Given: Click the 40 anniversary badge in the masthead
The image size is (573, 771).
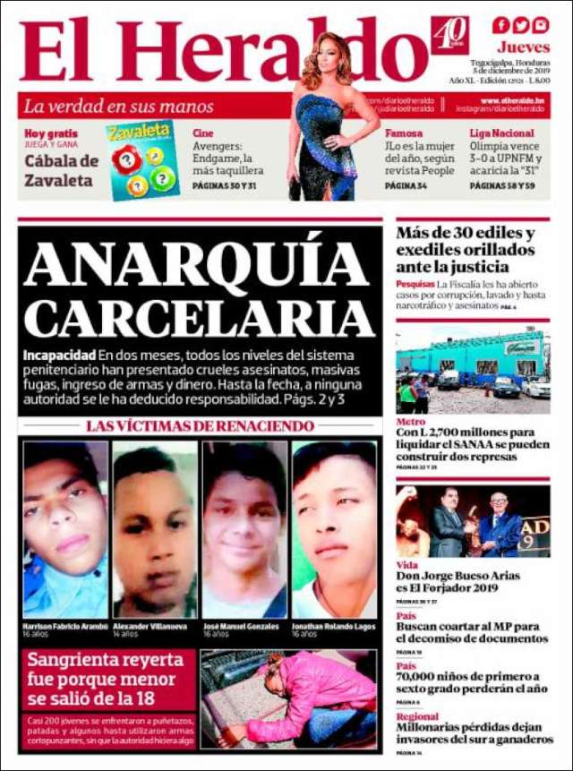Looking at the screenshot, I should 449,35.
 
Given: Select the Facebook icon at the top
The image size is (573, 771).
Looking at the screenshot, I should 500,25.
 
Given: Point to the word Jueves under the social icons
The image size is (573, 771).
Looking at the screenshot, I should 524,47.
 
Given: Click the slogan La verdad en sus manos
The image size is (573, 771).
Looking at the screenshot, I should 118,106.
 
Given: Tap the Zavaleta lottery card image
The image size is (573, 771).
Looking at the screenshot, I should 139,160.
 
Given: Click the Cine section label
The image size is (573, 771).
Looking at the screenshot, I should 202,133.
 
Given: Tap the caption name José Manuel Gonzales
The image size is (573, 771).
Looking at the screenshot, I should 241,626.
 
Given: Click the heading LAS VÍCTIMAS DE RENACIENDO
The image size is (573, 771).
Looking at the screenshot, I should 200,426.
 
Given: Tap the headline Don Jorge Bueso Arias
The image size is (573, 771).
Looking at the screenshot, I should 458,576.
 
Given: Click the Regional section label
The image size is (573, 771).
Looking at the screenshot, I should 417,716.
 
